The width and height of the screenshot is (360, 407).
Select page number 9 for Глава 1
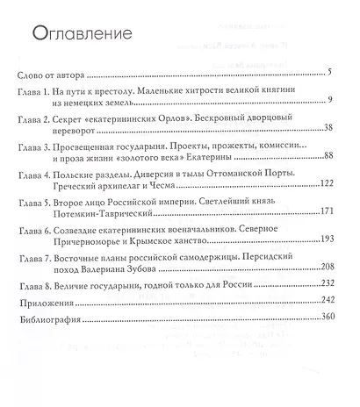(x=325, y=98)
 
